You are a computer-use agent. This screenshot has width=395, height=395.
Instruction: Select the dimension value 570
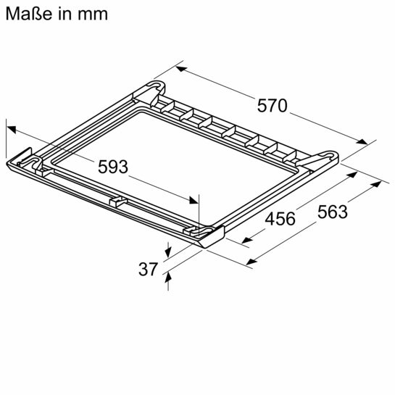[x=273, y=106]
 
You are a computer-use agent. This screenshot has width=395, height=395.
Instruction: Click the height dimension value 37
[x=147, y=269]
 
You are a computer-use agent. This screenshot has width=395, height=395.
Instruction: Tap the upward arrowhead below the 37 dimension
[x=167, y=276]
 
